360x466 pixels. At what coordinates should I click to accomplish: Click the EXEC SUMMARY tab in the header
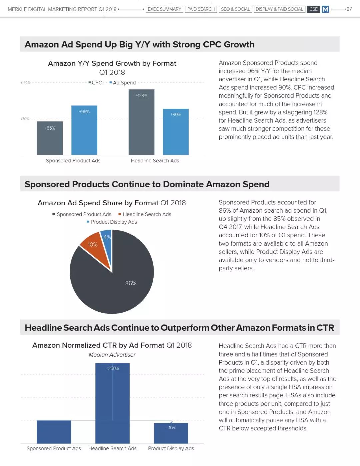coord(164,9)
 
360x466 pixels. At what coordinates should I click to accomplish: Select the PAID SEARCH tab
coord(201,9)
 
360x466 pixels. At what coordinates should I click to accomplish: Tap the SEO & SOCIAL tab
coord(235,9)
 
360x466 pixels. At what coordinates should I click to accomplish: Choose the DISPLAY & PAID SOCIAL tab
coord(279,9)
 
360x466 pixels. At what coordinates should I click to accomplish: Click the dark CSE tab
coord(313,9)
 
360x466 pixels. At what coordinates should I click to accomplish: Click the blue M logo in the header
coord(325,9)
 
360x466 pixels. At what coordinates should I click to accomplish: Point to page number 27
coord(349,9)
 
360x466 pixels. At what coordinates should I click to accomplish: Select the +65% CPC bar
coord(50,138)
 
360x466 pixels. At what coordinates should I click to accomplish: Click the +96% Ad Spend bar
coord(84,130)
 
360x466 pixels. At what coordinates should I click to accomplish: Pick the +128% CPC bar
coord(142,122)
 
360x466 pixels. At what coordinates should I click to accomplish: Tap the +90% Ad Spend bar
coord(176,132)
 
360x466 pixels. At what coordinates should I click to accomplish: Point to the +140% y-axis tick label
coord(25,83)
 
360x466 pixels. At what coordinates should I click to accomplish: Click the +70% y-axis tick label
coord(25,119)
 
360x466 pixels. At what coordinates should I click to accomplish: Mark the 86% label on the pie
coord(131,283)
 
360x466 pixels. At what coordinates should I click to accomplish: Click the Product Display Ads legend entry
coord(112,222)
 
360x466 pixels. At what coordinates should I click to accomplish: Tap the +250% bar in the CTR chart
coord(113,403)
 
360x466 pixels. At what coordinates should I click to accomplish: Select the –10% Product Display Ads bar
coord(171,433)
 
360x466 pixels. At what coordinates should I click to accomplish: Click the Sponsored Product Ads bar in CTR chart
coord(54,432)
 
